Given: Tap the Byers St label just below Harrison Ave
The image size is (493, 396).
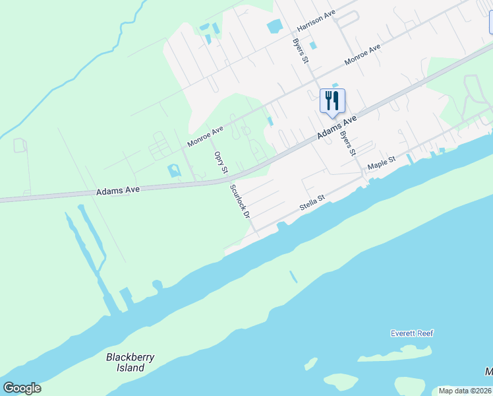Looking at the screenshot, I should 301,51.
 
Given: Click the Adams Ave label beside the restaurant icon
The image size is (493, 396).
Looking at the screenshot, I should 336,127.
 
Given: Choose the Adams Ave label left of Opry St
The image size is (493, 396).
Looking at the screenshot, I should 118,190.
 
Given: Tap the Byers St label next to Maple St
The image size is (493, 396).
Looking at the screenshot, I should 347,143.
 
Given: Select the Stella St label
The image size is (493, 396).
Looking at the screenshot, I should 312,202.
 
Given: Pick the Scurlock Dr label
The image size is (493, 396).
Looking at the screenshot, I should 240,201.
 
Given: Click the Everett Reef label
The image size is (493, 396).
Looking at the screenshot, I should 411,333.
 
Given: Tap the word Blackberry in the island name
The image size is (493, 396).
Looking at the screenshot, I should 130,357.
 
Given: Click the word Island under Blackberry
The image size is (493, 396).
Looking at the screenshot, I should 130,368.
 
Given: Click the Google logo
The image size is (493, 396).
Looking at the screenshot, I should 22,388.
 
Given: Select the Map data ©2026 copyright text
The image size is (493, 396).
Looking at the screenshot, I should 465,390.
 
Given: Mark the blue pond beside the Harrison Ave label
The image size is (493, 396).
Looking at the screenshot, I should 274,27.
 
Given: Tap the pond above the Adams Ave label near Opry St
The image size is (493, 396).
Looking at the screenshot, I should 174,171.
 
